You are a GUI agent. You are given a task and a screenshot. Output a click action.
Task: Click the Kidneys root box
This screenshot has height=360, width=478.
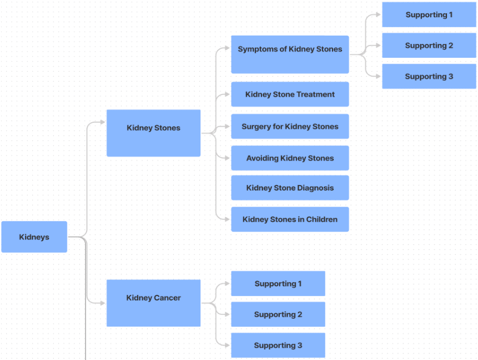(x=34, y=237)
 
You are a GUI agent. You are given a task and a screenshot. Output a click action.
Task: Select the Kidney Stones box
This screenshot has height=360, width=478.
(x=153, y=133)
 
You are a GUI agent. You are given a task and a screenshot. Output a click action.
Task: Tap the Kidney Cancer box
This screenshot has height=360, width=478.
(x=153, y=303)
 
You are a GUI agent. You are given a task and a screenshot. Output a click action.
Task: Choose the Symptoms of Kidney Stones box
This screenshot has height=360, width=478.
(x=290, y=54)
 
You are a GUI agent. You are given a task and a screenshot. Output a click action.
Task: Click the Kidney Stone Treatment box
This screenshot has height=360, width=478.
(x=290, y=94)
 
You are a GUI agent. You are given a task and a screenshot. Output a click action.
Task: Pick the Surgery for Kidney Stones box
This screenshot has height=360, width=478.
(x=290, y=127)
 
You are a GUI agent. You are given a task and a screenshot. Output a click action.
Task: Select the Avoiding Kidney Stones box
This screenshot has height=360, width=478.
(x=290, y=158)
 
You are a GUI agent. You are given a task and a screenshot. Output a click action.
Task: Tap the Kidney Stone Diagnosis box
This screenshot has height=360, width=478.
(x=290, y=188)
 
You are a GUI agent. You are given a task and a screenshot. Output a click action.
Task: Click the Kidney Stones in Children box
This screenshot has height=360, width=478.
(x=290, y=219)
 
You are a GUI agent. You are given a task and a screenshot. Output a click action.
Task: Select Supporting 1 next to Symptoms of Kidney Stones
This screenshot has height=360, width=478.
(x=429, y=14)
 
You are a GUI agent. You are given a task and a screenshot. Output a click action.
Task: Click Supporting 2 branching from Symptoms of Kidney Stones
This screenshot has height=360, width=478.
(x=429, y=46)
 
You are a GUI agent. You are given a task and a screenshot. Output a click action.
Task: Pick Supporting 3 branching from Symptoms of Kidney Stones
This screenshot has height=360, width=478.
(x=429, y=77)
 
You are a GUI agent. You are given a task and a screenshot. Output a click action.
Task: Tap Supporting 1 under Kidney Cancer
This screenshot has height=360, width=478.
(x=278, y=283)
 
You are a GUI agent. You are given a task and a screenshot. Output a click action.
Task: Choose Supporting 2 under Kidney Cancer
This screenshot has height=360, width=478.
(x=278, y=314)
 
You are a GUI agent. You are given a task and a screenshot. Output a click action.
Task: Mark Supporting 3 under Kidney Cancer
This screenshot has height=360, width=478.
(x=278, y=346)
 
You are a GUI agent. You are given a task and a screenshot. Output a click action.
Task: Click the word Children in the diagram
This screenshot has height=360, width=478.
(x=321, y=219)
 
